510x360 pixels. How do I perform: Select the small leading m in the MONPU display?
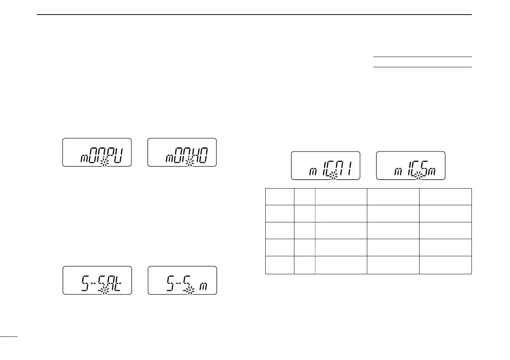(84, 159)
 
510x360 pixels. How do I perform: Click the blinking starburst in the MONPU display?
(104, 162)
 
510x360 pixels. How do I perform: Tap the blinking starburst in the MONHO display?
(189, 162)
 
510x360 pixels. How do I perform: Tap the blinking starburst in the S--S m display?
(189, 291)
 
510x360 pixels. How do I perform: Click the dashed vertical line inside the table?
(315, 231)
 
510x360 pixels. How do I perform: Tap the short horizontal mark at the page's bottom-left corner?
(9, 337)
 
